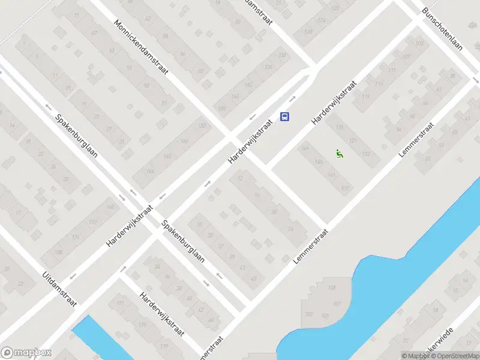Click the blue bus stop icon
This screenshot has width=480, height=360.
coord(286,116)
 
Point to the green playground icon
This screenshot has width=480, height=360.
coord(340,154)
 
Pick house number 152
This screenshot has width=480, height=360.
coord(202,125)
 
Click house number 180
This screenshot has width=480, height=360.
coord(58,252)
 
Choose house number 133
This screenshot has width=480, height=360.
coord(366,155)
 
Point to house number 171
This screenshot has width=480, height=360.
coord(120,304)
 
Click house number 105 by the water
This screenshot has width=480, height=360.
coord(332,289)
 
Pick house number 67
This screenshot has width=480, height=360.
coord(94,32)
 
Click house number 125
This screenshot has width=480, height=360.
coord(340,127)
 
